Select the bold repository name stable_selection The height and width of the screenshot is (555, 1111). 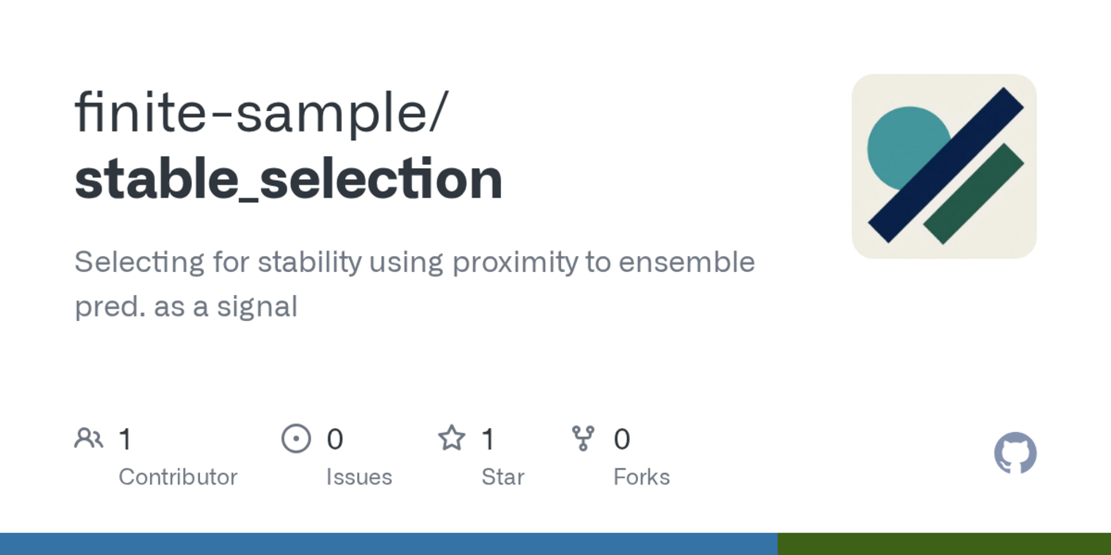click(x=288, y=179)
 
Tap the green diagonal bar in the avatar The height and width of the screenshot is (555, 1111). click(x=974, y=193)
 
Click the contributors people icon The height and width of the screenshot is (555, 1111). click(x=89, y=438)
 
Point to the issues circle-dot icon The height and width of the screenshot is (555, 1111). click(x=296, y=438)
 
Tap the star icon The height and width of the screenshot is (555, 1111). click(x=452, y=438)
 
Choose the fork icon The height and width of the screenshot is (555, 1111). click(x=583, y=438)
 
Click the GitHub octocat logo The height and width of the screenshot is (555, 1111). click(x=1015, y=454)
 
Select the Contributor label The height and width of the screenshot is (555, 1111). click(x=178, y=477)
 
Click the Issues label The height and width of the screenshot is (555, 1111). click(x=359, y=477)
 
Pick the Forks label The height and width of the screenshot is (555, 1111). click(x=641, y=477)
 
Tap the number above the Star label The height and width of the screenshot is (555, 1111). click(x=488, y=439)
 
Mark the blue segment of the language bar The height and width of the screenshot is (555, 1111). click(x=389, y=544)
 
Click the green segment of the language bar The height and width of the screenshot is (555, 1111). click(x=944, y=544)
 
